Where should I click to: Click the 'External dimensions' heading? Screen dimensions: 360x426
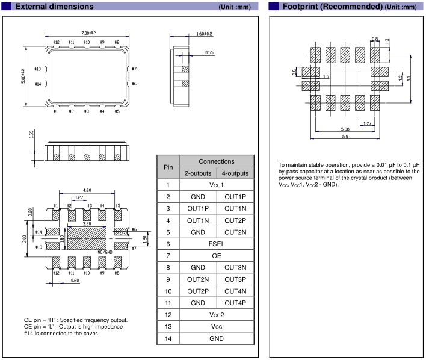tap(54, 7)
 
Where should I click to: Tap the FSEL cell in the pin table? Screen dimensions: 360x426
tap(216, 244)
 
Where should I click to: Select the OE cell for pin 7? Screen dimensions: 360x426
tap(216, 256)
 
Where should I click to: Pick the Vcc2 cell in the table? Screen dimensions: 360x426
tap(216, 315)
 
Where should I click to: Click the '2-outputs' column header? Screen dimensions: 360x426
tap(197, 173)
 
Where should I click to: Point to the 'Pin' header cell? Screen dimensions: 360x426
tap(168, 167)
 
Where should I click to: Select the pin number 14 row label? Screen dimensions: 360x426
tap(168, 338)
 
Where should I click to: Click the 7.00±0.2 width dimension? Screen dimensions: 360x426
tap(88, 32)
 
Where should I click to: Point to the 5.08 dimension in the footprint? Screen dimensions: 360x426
tap(345, 128)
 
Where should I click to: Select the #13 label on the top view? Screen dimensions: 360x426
tap(37, 69)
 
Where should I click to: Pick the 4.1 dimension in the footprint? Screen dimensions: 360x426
tap(409, 78)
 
